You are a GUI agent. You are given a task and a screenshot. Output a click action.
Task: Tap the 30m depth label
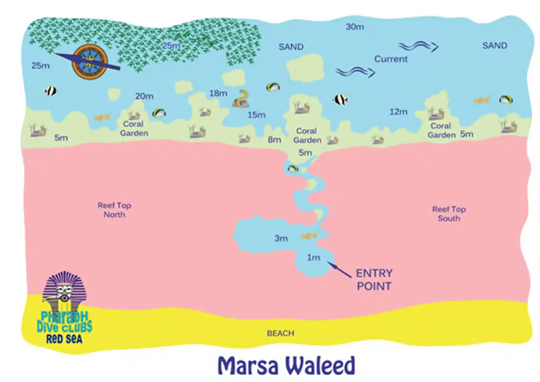(355, 27)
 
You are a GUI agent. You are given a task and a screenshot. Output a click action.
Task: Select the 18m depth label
(218, 93)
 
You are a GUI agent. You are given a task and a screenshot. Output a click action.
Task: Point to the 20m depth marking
(144, 96)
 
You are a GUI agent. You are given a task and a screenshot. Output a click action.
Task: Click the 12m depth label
(398, 112)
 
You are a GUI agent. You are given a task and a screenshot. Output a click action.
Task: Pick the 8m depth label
(274, 140)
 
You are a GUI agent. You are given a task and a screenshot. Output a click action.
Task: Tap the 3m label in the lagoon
(281, 238)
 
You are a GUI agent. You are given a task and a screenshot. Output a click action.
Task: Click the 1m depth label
(313, 258)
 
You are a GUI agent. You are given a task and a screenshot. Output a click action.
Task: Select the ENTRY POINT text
(374, 280)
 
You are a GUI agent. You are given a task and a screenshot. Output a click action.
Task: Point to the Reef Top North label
(114, 210)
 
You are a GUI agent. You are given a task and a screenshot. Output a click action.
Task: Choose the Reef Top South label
(449, 214)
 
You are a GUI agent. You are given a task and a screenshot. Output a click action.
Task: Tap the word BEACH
(280, 334)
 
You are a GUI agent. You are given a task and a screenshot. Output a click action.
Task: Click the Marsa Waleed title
(286, 365)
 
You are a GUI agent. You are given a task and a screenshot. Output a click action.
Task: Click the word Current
(391, 59)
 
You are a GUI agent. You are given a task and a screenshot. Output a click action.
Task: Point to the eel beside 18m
(241, 99)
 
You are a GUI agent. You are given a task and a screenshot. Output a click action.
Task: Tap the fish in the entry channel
(293, 169)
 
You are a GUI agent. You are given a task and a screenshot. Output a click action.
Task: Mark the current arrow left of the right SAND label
(418, 46)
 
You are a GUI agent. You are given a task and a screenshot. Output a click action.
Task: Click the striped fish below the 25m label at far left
(51, 91)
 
